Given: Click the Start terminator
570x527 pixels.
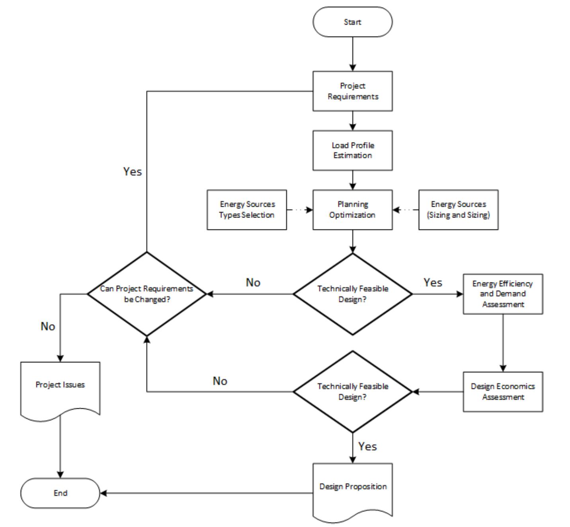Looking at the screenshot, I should click(352, 22).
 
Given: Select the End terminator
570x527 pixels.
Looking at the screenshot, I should click(60, 493).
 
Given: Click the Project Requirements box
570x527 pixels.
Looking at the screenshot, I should click(352, 91).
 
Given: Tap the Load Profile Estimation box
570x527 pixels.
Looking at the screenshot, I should click(352, 150).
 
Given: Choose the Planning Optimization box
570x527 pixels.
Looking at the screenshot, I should click(352, 210).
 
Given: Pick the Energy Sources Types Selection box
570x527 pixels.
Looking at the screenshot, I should click(247, 210).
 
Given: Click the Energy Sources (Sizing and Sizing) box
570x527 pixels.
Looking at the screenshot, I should click(458, 210).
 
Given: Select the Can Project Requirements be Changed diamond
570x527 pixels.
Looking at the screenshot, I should click(146, 294).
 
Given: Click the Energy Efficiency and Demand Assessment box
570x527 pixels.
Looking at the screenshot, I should click(503, 294).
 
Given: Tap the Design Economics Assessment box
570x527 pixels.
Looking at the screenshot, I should click(503, 392).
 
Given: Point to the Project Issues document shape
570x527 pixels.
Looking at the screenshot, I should click(60, 388).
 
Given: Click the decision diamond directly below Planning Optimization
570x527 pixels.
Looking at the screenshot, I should click(352, 294).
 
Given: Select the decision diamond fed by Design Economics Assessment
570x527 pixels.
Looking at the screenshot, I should click(352, 392).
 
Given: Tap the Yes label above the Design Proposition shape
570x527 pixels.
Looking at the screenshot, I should click(367, 447).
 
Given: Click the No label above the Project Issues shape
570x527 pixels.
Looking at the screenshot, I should click(48, 327).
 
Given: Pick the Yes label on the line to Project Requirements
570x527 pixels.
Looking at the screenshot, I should click(132, 172).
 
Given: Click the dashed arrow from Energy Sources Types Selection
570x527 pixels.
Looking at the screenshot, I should click(299, 210).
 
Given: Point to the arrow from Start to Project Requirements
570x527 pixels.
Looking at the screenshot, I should click(352, 54).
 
